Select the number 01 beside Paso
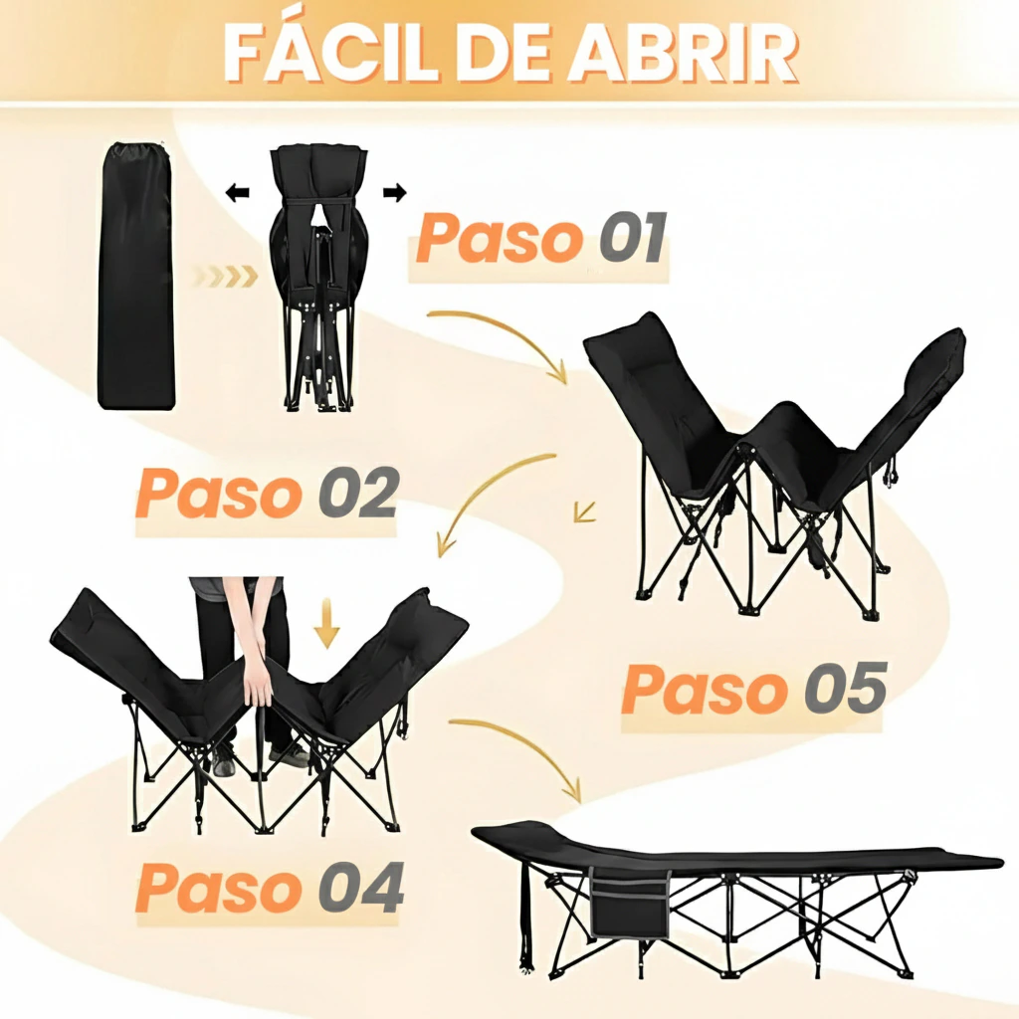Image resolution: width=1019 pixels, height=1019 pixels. pyautogui.click(x=632, y=237)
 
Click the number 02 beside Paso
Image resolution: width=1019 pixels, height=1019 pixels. pyautogui.click(x=358, y=492)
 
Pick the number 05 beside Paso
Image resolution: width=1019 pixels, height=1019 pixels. pyautogui.click(x=846, y=688)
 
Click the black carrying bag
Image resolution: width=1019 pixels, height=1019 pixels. pyautogui.click(x=136, y=277)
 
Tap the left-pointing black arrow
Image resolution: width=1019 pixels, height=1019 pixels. pyautogui.click(x=237, y=192)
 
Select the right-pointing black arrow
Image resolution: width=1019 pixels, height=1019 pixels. pyautogui.click(x=394, y=192)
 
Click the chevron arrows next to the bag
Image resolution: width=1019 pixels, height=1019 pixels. pyautogui.click(x=225, y=277)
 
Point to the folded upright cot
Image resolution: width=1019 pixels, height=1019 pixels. pyautogui.click(x=319, y=278)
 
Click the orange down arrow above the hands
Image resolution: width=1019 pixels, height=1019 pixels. pyautogui.click(x=326, y=623)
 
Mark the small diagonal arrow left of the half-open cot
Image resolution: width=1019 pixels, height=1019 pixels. pyautogui.click(x=585, y=511)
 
